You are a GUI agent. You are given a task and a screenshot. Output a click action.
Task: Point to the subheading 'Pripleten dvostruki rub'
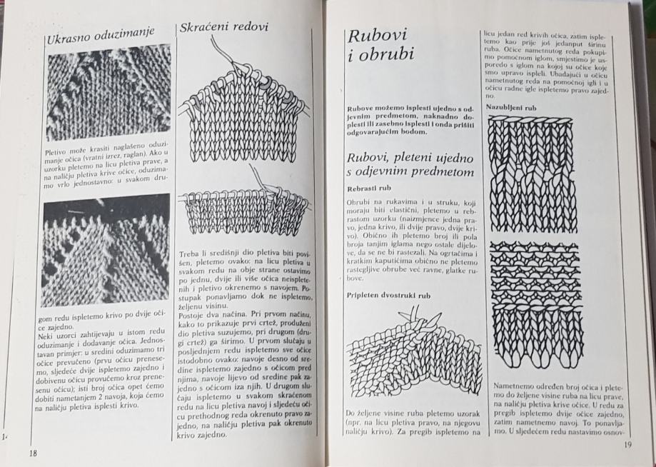pyautogui.click(x=382, y=294)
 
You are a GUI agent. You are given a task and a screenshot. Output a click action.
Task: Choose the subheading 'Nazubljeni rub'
pyautogui.click(x=510, y=107)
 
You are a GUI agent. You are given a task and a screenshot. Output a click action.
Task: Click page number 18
pyautogui.click(x=34, y=453)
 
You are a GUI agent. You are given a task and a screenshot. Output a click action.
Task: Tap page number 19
pyautogui.click(x=629, y=446)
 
